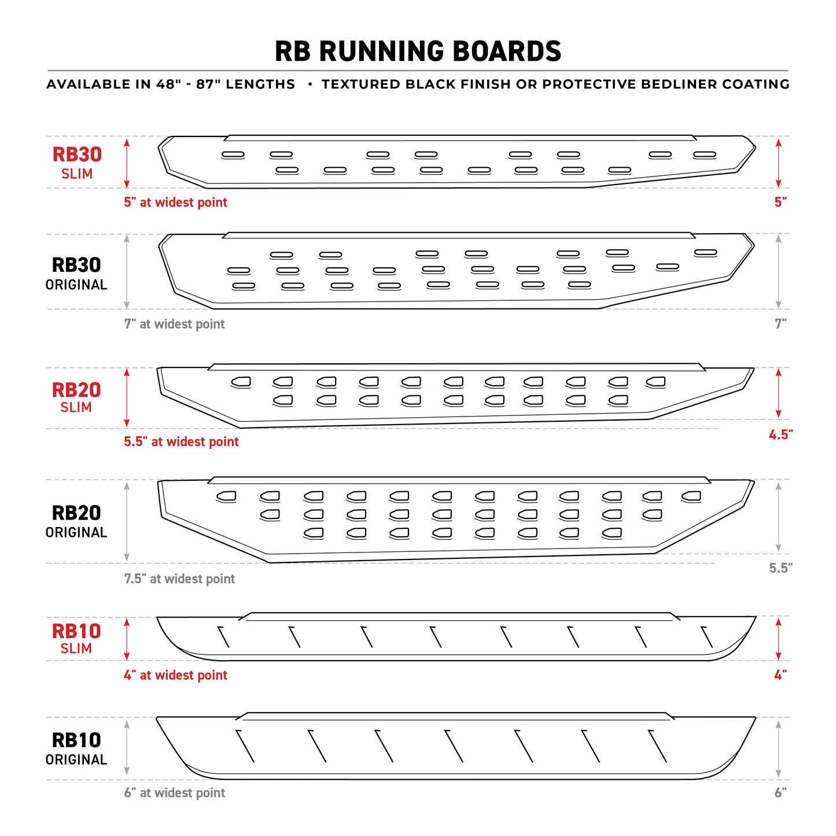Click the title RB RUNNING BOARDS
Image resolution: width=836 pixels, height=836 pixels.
click(x=418, y=51)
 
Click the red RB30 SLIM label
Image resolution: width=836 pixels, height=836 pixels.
click(x=77, y=163)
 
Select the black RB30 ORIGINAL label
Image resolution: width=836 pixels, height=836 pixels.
click(x=76, y=273)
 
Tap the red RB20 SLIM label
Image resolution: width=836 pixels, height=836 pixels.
click(x=76, y=397)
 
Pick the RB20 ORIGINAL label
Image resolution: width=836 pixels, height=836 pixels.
click(x=76, y=521)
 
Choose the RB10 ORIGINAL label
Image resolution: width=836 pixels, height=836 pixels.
click(x=76, y=748)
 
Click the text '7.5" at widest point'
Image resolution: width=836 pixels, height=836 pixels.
click(x=179, y=579)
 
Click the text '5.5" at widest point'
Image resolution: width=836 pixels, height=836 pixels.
click(x=181, y=441)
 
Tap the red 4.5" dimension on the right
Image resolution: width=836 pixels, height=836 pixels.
click(x=780, y=434)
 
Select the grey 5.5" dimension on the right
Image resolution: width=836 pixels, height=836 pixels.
click(x=780, y=568)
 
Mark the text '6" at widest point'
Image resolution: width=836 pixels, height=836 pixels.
click(x=174, y=793)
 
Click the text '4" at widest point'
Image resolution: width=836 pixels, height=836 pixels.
click(x=175, y=675)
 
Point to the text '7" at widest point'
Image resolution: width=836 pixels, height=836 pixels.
click(x=174, y=324)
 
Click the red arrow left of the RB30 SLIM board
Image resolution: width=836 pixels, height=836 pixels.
click(x=127, y=163)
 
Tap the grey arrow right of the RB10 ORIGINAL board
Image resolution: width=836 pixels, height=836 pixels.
click(x=779, y=749)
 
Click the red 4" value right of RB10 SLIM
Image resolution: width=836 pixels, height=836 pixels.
click(x=780, y=675)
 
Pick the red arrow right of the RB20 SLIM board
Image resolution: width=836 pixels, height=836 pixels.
click(x=779, y=393)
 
